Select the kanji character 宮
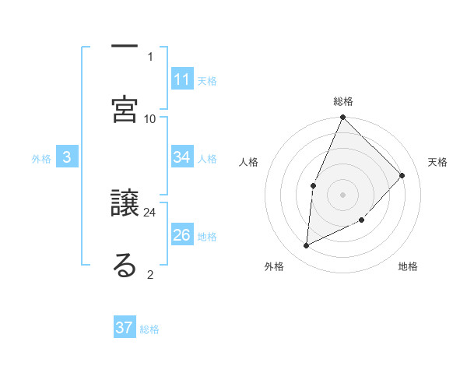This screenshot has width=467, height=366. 125,107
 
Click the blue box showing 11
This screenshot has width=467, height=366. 182,79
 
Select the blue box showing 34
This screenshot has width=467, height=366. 182,157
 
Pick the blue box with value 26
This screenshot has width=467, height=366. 182,235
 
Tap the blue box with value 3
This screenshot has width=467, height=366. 67,157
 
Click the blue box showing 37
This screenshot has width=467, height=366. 125,328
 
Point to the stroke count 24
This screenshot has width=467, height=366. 150,212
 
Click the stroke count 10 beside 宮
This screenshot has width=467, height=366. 150,118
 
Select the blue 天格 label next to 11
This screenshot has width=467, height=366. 207,80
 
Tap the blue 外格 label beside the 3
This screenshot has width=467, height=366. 41,158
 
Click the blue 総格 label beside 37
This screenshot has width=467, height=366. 149,329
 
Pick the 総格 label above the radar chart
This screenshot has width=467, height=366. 343,101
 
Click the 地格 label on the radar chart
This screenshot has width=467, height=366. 408,266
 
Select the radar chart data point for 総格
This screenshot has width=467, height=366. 342,118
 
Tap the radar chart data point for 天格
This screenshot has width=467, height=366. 402,175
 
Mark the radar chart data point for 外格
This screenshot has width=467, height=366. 306,246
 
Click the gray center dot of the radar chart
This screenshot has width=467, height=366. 342,194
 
